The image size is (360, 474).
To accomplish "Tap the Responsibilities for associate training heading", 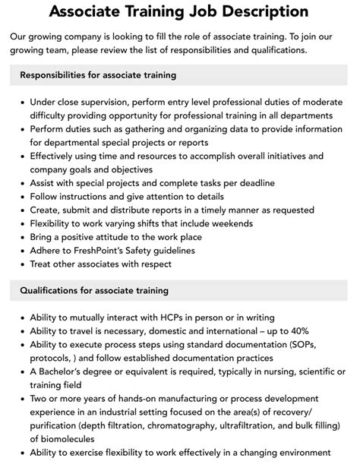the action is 98,75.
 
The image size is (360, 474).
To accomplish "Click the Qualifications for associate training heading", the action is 94,290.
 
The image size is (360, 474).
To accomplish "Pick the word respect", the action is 154,264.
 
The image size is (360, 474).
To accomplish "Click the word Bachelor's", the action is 70,371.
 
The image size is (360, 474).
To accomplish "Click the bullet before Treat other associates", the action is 23,264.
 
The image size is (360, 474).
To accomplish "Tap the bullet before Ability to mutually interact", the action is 23,317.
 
